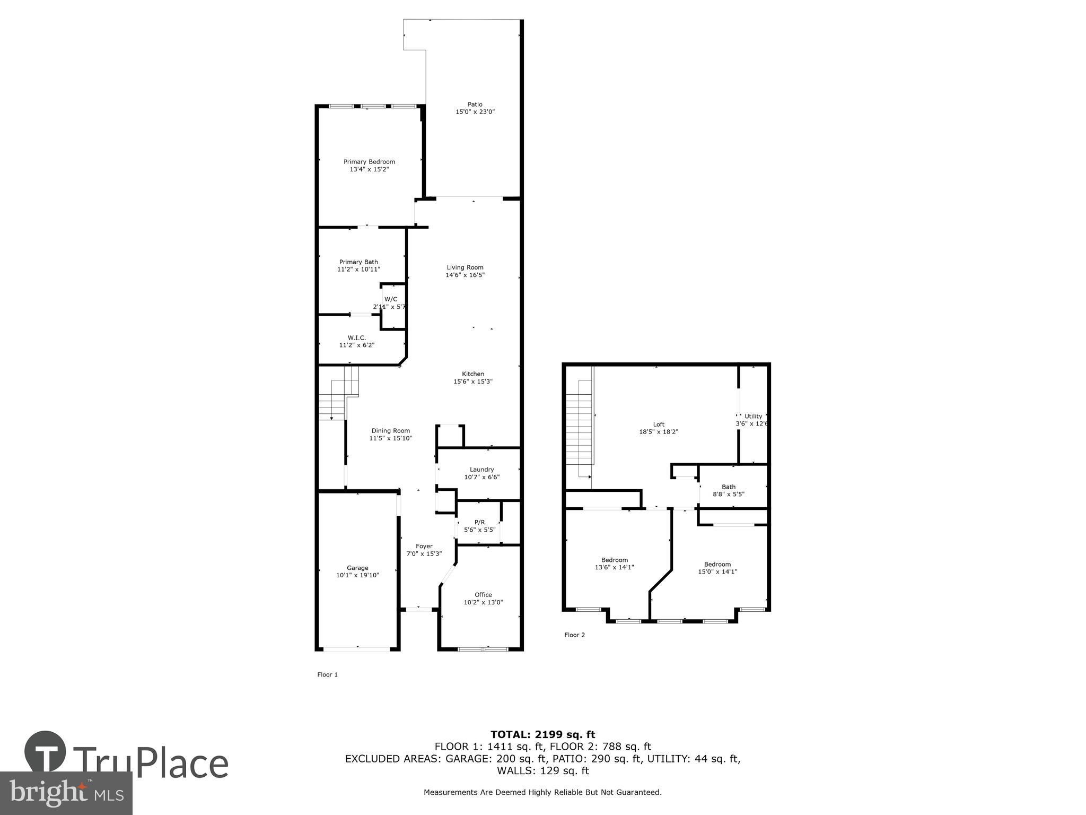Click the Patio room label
click(475, 105)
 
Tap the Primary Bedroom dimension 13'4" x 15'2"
click(369, 169)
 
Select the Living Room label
click(465, 267)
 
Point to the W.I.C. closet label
click(356, 337)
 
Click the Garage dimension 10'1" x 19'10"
click(357, 575)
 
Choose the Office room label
click(483, 595)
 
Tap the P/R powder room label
click(479, 522)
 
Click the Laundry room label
click(481, 470)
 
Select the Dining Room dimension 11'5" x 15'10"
click(390, 438)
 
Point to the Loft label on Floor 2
click(659, 424)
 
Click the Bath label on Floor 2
click(729, 487)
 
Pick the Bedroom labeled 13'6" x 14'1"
click(615, 563)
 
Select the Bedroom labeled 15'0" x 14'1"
click(717, 568)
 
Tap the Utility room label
click(753, 416)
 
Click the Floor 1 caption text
click(327, 675)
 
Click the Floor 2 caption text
click(574, 635)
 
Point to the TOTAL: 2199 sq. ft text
click(542, 734)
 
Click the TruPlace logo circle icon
click(45, 752)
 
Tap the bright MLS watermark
click(66, 794)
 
